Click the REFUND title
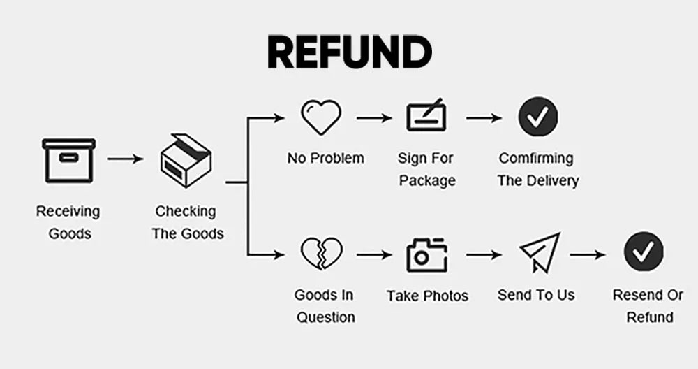[x=350, y=52]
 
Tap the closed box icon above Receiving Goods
[x=68, y=161]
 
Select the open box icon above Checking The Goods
[x=186, y=160]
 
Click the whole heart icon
[x=321, y=117]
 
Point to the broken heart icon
[x=321, y=254]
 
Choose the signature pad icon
[x=427, y=115]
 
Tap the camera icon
[x=427, y=255]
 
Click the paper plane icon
[x=540, y=252]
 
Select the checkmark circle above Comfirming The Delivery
[x=537, y=117]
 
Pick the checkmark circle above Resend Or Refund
[x=644, y=252]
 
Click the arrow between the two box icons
[x=126, y=159]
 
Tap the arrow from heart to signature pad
[x=374, y=118]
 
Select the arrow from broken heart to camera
[x=374, y=255]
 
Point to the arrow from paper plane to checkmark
[x=588, y=255]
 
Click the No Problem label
[x=325, y=158]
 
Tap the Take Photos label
[x=427, y=296]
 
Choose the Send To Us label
[x=536, y=295]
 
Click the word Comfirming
[x=536, y=158]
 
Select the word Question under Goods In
[x=326, y=317]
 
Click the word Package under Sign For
[x=427, y=180]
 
